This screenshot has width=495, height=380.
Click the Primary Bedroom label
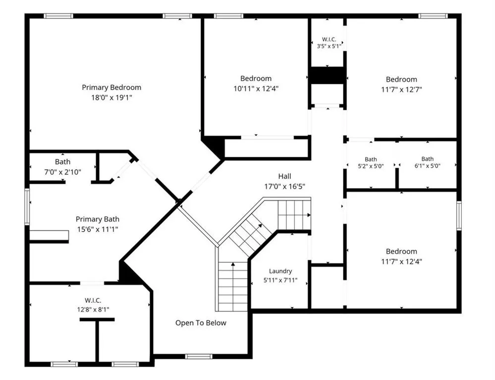[x=111, y=88]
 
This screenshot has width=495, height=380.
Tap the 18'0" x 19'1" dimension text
[x=111, y=97]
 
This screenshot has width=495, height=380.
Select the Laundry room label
[x=280, y=271]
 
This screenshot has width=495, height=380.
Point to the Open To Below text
[x=201, y=323]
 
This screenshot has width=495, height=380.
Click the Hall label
[x=285, y=176]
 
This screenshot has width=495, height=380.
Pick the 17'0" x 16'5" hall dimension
[x=285, y=187]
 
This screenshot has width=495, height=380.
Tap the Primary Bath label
[x=98, y=219]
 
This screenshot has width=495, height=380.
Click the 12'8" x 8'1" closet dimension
[x=93, y=310]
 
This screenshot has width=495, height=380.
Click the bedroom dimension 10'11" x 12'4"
[x=256, y=89]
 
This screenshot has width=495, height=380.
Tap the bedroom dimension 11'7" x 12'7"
[x=401, y=90]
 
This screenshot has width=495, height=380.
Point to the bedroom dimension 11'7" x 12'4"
[x=401, y=261]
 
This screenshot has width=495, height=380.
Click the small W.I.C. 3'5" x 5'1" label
[x=329, y=43]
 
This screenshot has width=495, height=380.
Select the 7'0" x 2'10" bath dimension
[x=63, y=172]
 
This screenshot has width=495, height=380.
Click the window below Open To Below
[x=199, y=356]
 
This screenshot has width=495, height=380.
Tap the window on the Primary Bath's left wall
[x=27, y=206]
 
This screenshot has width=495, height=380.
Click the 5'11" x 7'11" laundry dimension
[x=280, y=280]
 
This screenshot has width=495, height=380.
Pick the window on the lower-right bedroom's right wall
[x=459, y=215]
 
